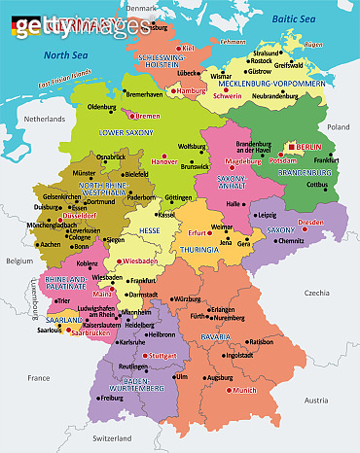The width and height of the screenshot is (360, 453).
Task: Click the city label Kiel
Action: coord(189,47)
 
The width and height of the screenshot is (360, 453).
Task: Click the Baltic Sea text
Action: coord(296,18)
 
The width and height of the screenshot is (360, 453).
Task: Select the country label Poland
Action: coord(339,126)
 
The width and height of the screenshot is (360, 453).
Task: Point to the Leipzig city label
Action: coord(267,215)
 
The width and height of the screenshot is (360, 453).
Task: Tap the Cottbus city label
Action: coord(317,184)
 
